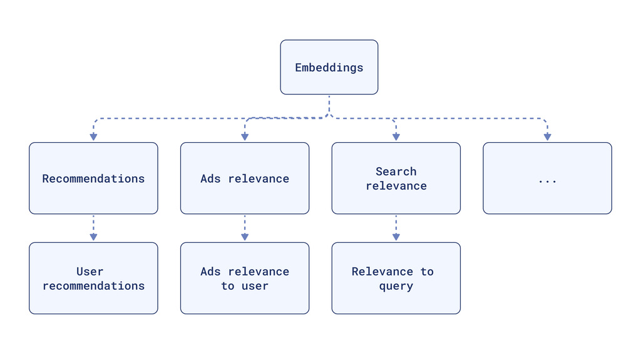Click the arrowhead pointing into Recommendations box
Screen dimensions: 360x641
[93, 136]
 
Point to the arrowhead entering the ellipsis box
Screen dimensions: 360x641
[547, 136]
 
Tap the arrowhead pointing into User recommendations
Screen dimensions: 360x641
[93, 237]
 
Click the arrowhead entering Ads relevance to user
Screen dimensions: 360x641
[245, 237]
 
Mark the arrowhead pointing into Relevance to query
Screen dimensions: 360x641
[396, 237]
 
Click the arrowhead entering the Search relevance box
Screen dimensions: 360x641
[396, 136]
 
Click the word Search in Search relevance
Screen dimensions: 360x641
[396, 172]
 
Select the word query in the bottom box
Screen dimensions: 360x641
[396, 286]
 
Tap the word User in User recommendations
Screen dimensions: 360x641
[90, 272]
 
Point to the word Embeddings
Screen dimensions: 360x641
[329, 68]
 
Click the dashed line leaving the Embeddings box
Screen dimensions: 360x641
[329, 105]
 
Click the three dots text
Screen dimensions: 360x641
[547, 180]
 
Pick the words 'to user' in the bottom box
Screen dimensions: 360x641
[245, 286]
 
